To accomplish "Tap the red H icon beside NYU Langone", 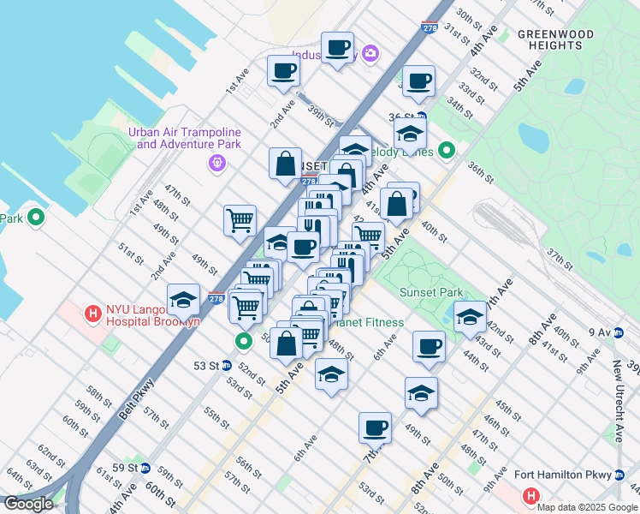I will (x=92, y=314).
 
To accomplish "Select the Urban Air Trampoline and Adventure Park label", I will (x=185, y=138).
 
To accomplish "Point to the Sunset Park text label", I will (x=431, y=292).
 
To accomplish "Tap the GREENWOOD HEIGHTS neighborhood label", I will (x=555, y=41).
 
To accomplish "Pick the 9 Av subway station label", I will (x=600, y=332).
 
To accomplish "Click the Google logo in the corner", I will (x=28, y=504).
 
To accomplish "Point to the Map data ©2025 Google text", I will (x=587, y=507).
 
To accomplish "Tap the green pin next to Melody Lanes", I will (x=446, y=152).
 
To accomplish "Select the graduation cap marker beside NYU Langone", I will (x=183, y=301).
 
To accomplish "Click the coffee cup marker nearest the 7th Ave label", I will (x=374, y=427).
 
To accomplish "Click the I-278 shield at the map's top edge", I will (x=430, y=28).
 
